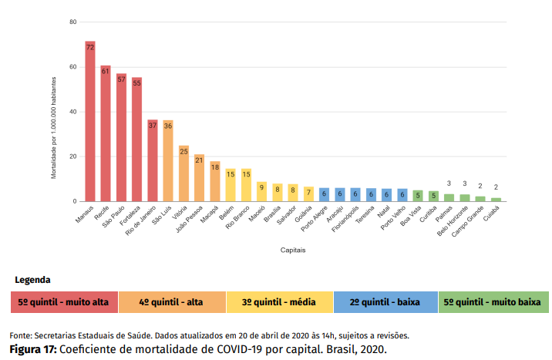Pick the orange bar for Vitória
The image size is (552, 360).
click(x=183, y=173)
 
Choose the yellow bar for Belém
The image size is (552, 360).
click(x=230, y=185)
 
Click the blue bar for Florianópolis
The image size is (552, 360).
click(x=355, y=195)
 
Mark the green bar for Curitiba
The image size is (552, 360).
click(x=433, y=196)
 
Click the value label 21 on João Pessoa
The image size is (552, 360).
click(x=199, y=160)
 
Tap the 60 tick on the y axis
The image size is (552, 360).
click(x=72, y=67)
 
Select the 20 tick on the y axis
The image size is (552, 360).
click(x=72, y=156)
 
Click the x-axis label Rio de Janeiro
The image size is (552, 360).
click(x=143, y=220)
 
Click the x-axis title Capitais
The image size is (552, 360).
click(x=293, y=251)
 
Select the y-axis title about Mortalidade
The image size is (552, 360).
click(x=54, y=127)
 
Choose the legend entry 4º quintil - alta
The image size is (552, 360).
click(x=171, y=302)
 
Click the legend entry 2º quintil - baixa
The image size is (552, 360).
click(x=385, y=302)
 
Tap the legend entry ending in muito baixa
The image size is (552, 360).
click(x=493, y=302)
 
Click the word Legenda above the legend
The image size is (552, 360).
click(x=32, y=280)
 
